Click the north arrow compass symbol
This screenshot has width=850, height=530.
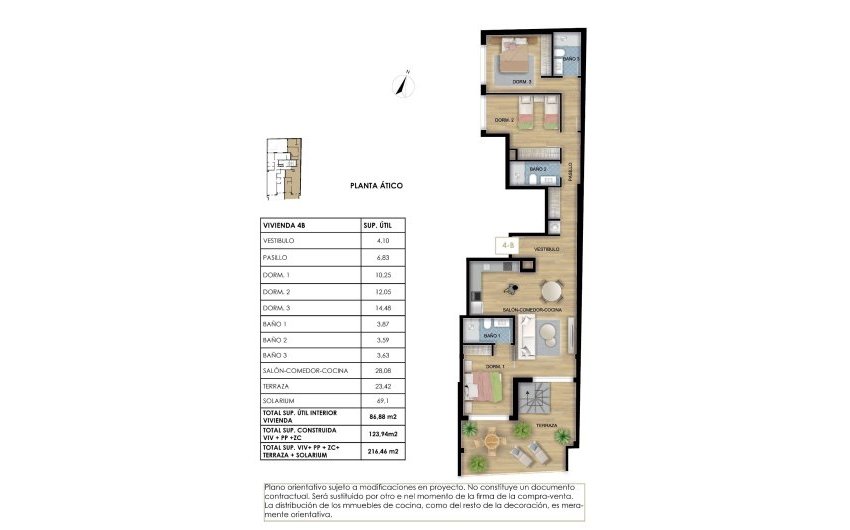405,81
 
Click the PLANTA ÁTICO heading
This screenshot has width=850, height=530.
376,185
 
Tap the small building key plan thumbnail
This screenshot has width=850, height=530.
283,166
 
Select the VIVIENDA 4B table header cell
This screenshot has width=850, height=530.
282,226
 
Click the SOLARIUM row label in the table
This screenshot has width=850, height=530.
277,403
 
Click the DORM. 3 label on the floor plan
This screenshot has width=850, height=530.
522,81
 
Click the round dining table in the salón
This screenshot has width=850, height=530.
552,291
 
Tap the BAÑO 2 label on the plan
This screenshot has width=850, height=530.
538,170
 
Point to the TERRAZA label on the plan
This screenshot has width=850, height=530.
546,425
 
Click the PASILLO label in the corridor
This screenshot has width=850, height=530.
571,171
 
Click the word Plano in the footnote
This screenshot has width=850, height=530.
274,487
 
